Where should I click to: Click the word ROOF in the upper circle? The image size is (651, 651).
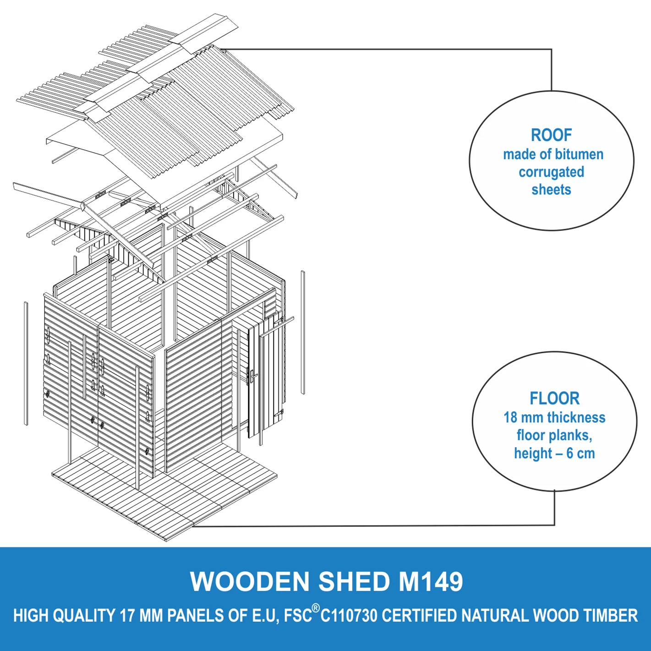point(551,135)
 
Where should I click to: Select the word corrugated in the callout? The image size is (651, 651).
point(551,172)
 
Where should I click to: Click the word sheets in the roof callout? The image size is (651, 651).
point(551,190)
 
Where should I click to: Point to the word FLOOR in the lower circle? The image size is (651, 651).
point(554,398)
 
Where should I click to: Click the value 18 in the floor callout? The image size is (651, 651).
point(511,417)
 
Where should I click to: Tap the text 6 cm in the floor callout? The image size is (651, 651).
point(580,453)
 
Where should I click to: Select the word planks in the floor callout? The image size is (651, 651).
point(572,435)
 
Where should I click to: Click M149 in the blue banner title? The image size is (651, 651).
point(431,581)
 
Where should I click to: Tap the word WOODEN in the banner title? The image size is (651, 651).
point(250,581)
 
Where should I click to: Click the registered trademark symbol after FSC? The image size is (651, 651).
point(316,608)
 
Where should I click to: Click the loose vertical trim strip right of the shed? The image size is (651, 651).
point(302,332)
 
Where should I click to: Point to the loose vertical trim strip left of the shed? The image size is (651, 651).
point(26,363)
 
